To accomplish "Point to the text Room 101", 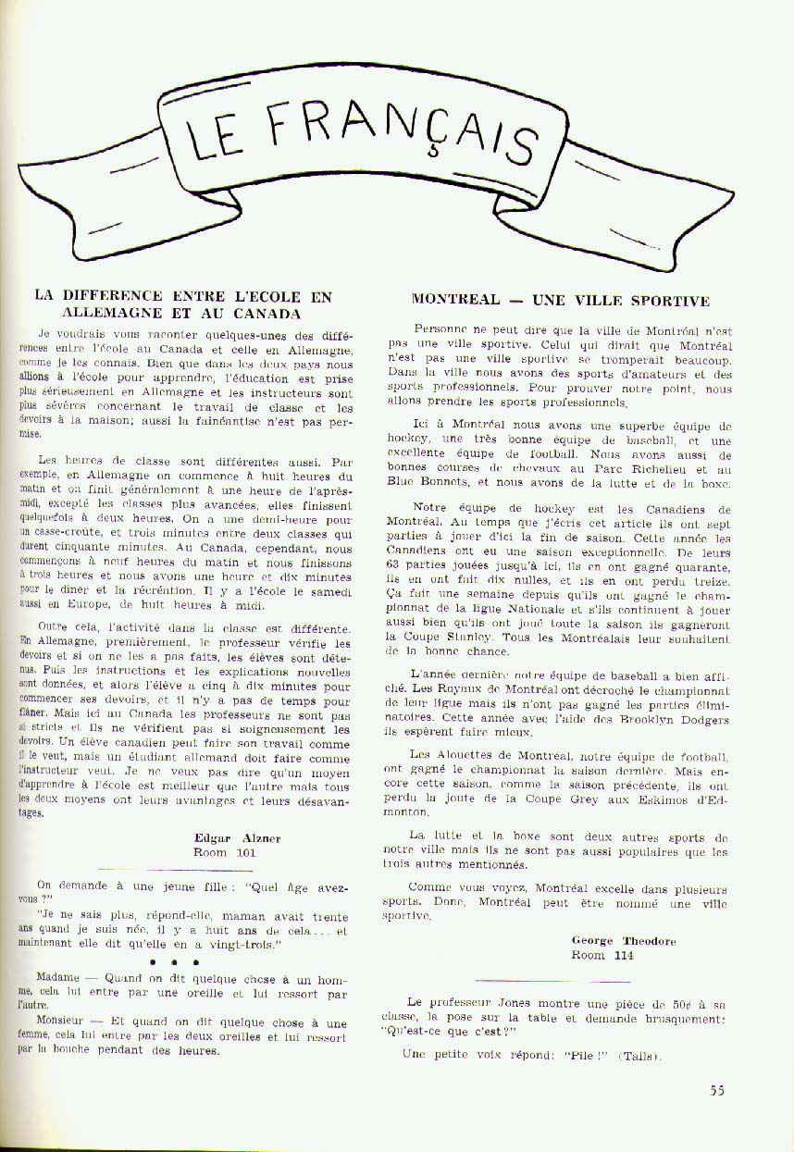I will click(x=224, y=852).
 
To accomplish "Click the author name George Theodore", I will click(x=624, y=941).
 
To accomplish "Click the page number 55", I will click(x=717, y=1090).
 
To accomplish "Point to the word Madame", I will click(x=58, y=977).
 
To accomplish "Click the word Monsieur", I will click(x=62, y=1023).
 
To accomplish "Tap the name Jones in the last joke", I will click(x=507, y=1002).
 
